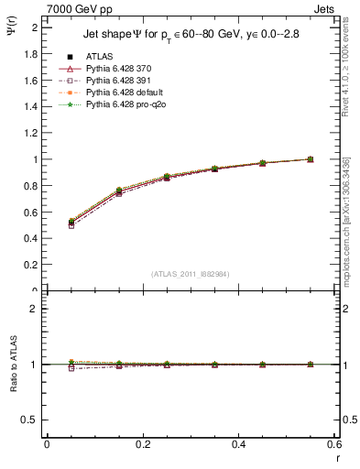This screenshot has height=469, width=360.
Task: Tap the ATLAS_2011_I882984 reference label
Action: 190,274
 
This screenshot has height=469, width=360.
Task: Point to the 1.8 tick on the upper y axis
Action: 32,54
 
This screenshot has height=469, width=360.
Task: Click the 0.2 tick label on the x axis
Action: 143,444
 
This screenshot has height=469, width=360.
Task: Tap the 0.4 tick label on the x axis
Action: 239,444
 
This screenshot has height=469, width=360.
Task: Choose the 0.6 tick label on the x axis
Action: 334,444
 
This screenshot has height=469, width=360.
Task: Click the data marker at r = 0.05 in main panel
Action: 71,223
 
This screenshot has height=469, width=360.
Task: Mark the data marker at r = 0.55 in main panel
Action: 311,159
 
